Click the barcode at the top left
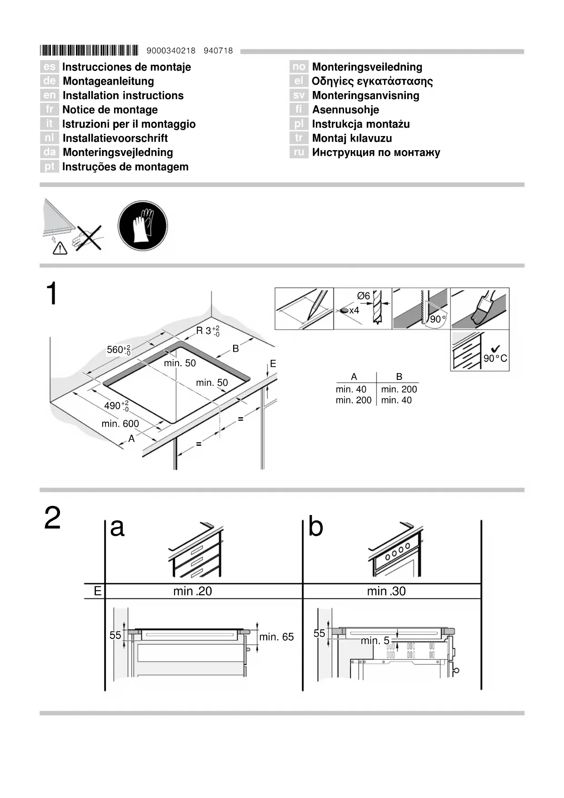89,50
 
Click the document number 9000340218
171,51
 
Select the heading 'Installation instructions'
123,96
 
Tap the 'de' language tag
49,81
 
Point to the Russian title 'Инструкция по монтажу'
376,152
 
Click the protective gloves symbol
142,226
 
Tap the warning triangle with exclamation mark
60,248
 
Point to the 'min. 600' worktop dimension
120,424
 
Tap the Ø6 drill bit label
364,296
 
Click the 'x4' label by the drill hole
354,310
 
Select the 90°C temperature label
495,358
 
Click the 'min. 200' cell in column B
399,389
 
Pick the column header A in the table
354,377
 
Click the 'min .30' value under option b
386,591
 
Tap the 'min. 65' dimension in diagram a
276,637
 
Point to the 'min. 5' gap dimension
375,641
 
